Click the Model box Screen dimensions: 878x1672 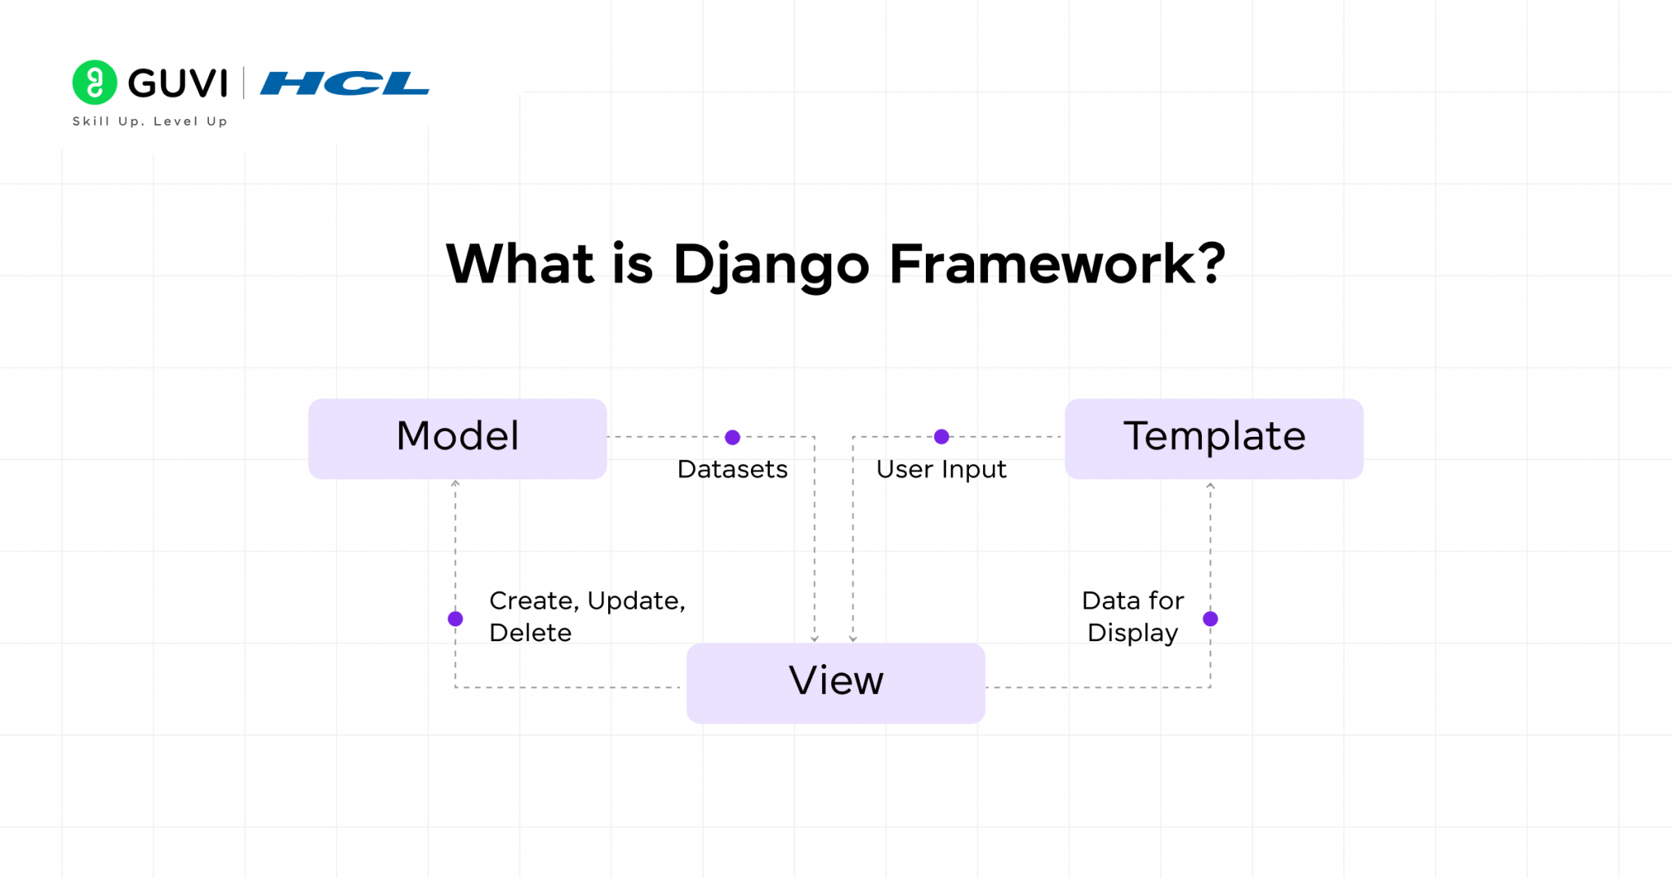coord(457,438)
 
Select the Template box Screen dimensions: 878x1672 coord(1214,438)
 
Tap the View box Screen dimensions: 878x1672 coord(835,682)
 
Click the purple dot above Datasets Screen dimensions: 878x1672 coord(732,437)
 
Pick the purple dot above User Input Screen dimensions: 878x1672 coord(941,437)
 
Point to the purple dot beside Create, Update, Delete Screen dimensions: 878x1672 coord(456,618)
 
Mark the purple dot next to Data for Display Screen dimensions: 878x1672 coord(1210,618)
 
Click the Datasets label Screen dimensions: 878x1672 coord(732,470)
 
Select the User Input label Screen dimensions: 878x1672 coord(940,470)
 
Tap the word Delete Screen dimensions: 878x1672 coord(530,633)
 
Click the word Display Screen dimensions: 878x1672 coord(1132,633)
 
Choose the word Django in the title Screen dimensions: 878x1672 coord(771,265)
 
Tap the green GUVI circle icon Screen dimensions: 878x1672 coord(95,82)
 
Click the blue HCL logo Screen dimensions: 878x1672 coord(345,83)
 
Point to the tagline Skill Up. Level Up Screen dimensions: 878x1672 coord(149,122)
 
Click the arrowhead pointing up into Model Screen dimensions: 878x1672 coord(456,484)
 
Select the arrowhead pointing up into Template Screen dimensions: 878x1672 coord(1210,486)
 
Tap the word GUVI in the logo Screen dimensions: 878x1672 coord(177,83)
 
